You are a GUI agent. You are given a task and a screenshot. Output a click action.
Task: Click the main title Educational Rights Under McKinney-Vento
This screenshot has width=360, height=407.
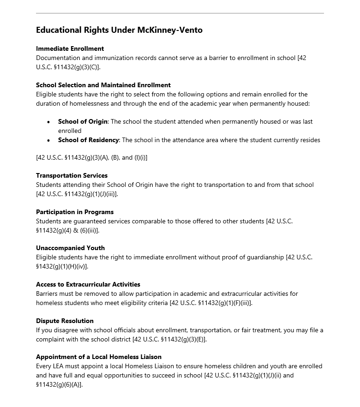point(119,30)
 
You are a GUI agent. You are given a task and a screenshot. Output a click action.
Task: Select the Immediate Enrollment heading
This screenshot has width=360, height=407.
point(70,48)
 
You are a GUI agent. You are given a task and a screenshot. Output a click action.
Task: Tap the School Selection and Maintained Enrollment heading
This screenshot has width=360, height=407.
point(103,85)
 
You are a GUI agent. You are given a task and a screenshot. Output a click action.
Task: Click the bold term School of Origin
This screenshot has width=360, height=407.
point(83,121)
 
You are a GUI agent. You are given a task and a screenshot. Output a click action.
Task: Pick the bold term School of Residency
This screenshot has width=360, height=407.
point(89,140)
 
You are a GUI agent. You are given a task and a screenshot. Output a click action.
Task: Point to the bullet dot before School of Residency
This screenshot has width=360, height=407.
point(49,140)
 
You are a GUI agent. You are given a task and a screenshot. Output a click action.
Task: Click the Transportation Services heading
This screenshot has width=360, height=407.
point(72,175)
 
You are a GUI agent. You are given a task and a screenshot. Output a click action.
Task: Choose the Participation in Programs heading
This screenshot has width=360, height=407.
point(75,212)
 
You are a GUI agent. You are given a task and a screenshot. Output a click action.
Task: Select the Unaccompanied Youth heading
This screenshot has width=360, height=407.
point(70,248)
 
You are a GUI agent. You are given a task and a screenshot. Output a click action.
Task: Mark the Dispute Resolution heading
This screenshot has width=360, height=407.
point(65,321)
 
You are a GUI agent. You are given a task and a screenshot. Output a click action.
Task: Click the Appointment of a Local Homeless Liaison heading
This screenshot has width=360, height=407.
point(99,357)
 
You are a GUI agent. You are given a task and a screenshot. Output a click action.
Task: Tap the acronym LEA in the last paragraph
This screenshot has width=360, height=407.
point(60,366)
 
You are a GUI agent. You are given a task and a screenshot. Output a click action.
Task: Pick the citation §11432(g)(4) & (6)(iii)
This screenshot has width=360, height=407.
point(67,230)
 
